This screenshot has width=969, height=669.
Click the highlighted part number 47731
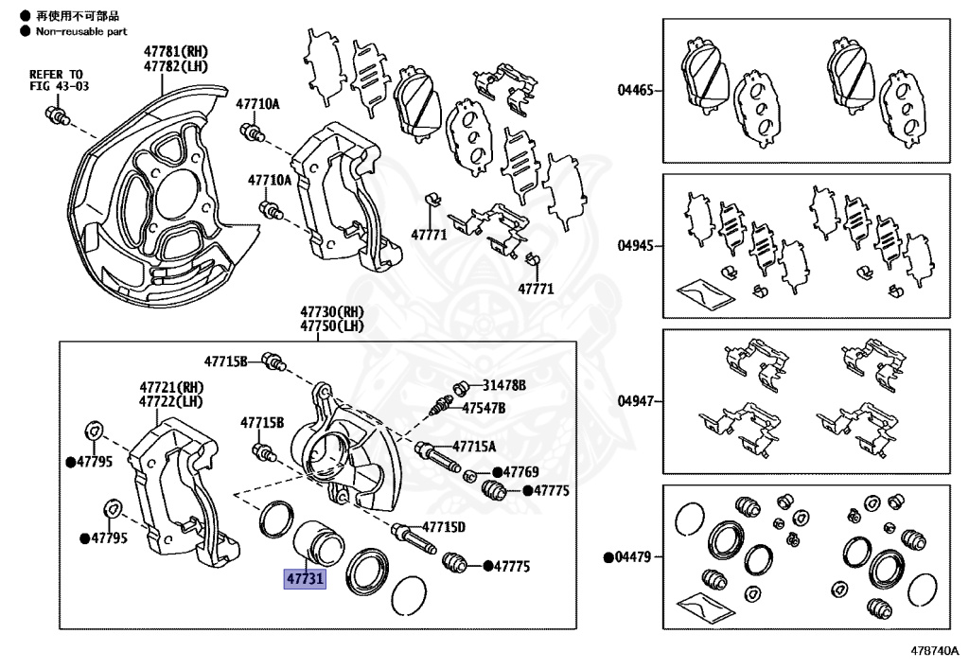[x=305, y=578]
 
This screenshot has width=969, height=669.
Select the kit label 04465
[x=636, y=91]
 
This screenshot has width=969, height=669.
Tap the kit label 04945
[x=636, y=245]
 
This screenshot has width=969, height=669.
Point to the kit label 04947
[x=636, y=401]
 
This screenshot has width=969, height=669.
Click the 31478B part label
[x=504, y=386]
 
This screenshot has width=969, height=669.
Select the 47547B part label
[x=484, y=408]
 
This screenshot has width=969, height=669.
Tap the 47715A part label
[x=474, y=446]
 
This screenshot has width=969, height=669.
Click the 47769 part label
[x=520, y=472]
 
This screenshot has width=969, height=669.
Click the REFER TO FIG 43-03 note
[x=56, y=80]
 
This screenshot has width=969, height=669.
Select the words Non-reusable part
[x=80, y=31]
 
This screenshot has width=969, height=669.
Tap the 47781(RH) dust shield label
[x=176, y=51]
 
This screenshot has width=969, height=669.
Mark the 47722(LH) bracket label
[x=171, y=401]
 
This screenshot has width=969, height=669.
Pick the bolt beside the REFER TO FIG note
[x=56, y=116]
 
